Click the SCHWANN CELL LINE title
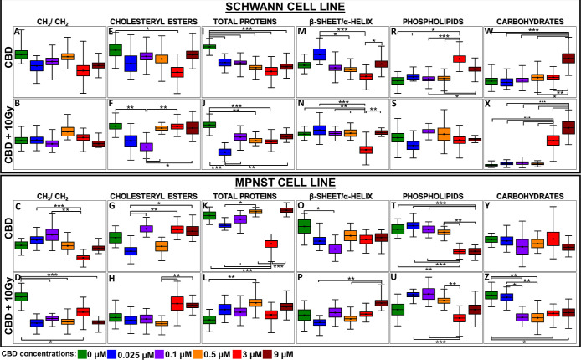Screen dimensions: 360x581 tap(290, 8)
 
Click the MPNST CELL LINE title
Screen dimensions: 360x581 tap(290, 183)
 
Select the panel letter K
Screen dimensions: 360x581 tap(205, 206)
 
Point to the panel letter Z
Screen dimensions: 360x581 tap(491, 275)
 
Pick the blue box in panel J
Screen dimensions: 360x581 tap(224, 152)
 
